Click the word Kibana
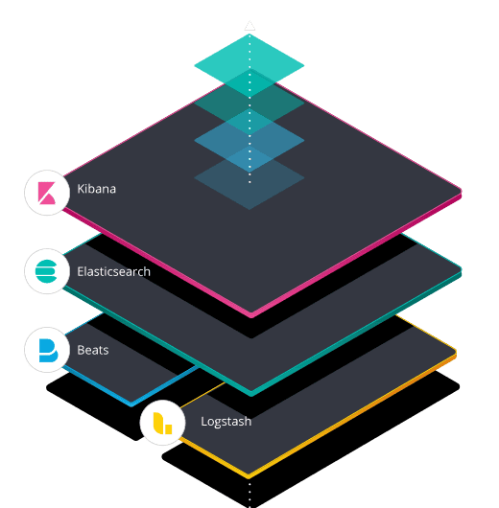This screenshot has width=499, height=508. [96, 189]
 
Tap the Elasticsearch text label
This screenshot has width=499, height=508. [113, 271]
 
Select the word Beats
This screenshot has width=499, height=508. [93, 350]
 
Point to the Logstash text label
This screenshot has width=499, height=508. [226, 422]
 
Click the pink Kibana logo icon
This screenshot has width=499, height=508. [47, 193]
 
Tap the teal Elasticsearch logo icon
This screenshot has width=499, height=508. [46, 271]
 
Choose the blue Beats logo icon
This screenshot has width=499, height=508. [48, 350]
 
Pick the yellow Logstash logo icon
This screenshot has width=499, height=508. [162, 423]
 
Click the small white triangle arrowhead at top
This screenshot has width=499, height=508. [249, 26]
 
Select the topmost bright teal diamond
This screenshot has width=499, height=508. [249, 65]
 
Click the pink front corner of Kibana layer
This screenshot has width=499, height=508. [251, 314]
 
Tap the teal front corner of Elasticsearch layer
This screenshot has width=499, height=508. [251, 393]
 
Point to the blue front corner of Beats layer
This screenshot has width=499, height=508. [131, 404]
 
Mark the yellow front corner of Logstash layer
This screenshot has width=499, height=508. [249, 475]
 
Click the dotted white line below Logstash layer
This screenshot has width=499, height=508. [249, 494]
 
